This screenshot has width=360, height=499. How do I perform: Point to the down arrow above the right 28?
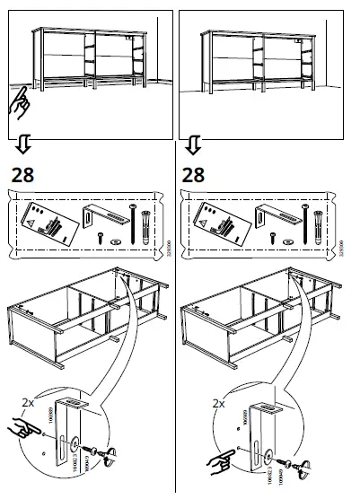point(191,144)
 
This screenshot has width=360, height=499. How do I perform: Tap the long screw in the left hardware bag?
point(134,226)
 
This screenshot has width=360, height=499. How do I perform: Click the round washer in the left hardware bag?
point(115,242)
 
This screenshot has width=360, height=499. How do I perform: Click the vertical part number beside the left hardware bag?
point(168,241)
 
